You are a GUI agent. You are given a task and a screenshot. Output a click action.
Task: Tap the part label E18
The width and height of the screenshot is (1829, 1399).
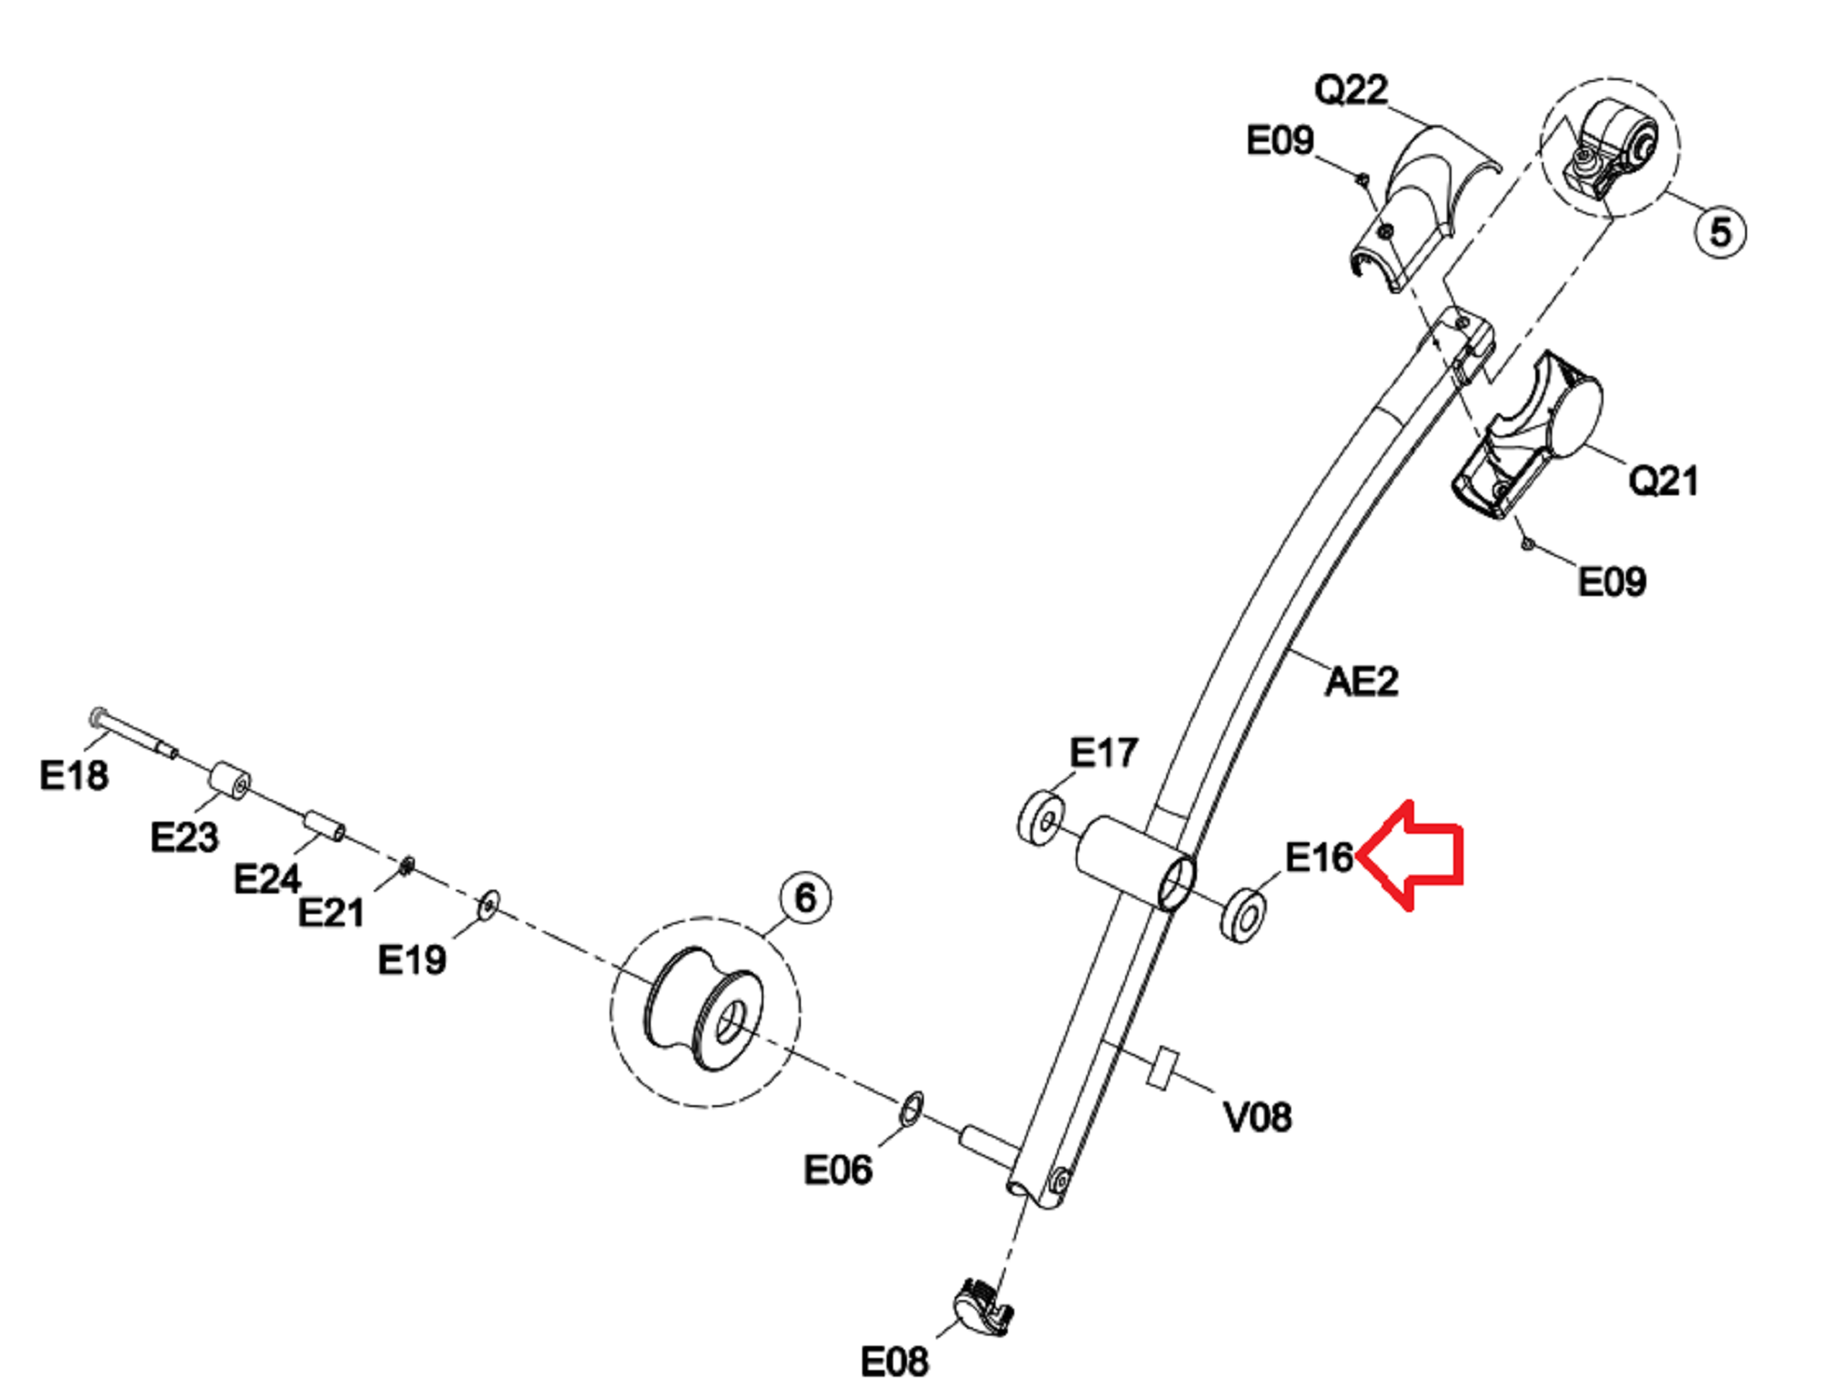click(74, 775)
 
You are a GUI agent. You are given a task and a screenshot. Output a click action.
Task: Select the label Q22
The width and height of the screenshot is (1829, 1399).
click(1351, 90)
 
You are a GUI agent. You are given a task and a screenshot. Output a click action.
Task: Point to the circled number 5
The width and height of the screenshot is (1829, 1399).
click(1720, 231)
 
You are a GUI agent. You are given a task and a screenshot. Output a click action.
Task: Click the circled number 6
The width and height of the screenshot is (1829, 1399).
click(804, 898)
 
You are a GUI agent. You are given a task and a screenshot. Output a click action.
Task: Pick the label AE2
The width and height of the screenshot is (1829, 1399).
click(1361, 682)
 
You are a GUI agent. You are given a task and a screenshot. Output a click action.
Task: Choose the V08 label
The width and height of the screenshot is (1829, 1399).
click(1257, 1116)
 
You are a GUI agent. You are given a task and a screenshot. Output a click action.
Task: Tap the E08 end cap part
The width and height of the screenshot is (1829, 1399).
click(982, 1306)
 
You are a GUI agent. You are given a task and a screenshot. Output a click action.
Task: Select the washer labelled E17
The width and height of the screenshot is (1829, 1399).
click(1041, 818)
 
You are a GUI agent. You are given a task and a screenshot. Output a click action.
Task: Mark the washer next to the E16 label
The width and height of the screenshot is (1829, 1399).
click(1244, 915)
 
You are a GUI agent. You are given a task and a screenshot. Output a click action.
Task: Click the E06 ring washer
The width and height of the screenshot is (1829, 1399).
click(912, 1108)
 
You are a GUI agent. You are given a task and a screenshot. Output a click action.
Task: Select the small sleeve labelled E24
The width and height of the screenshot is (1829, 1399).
click(324, 825)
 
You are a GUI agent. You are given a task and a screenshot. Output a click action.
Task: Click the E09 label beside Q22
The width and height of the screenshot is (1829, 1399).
click(1280, 141)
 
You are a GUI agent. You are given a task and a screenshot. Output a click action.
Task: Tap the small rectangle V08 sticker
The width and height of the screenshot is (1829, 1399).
click(1162, 1067)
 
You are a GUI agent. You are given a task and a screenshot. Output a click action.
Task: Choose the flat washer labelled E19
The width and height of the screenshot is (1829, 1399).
click(488, 904)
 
